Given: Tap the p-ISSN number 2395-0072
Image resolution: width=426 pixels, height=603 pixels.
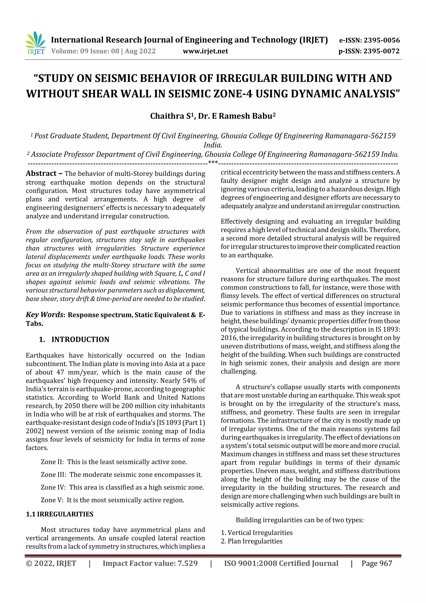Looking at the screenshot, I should (381, 51).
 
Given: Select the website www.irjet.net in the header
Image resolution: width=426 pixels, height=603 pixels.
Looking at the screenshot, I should (205, 51).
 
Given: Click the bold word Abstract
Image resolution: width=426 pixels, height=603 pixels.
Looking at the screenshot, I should (41, 174).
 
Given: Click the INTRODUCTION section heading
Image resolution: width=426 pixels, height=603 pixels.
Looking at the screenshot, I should (80, 339).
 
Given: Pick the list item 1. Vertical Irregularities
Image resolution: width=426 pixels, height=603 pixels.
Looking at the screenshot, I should (256, 533).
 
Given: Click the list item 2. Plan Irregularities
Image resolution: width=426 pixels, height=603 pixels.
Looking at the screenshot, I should (251, 541).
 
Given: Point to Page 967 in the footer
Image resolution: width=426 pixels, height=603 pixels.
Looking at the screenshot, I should (376, 563).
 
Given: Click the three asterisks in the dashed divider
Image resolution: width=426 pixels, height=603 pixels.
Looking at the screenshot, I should (213, 163).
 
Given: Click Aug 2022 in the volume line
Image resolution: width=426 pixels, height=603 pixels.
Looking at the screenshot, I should (140, 51).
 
